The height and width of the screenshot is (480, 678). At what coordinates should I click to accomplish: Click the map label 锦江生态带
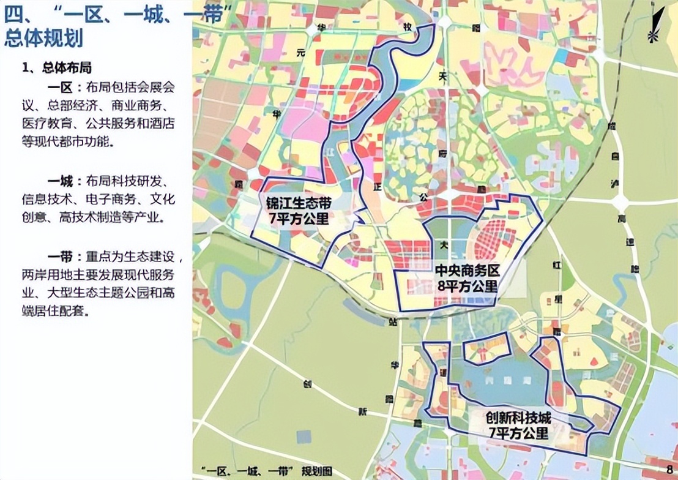299,203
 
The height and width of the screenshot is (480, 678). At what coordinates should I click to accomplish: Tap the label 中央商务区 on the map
466,271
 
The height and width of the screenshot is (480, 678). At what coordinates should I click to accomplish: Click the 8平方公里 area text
466,286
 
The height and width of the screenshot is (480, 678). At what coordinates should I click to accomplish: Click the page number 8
669,470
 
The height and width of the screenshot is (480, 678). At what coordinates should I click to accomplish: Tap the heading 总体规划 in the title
43,38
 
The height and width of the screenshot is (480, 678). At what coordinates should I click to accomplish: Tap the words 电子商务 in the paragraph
110,200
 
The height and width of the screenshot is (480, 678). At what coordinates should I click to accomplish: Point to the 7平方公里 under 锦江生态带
299,218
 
